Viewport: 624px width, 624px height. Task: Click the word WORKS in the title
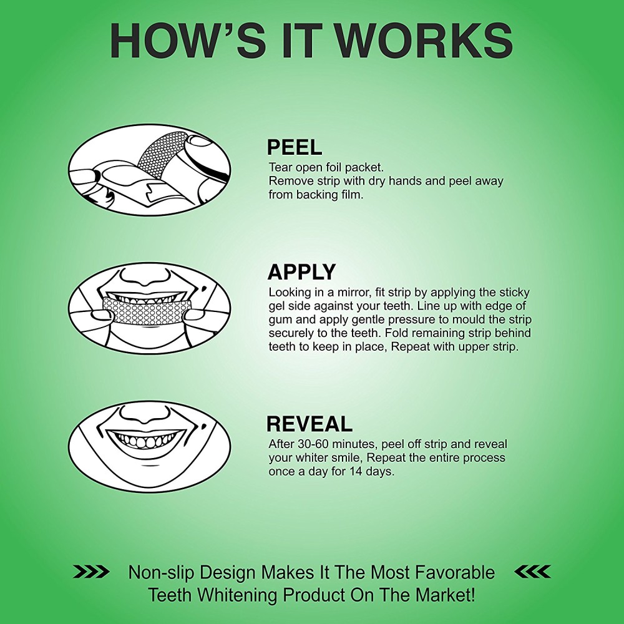pyautogui.click(x=427, y=41)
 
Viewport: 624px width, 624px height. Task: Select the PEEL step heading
pyautogui.click(x=294, y=147)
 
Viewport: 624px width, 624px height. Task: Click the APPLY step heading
pyautogui.click(x=301, y=272)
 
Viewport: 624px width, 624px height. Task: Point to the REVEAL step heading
pyautogui.click(x=310, y=424)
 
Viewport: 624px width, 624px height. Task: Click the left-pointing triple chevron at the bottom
pyautogui.click(x=532, y=572)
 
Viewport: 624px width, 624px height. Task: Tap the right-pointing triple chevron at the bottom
pyautogui.click(x=91, y=572)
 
